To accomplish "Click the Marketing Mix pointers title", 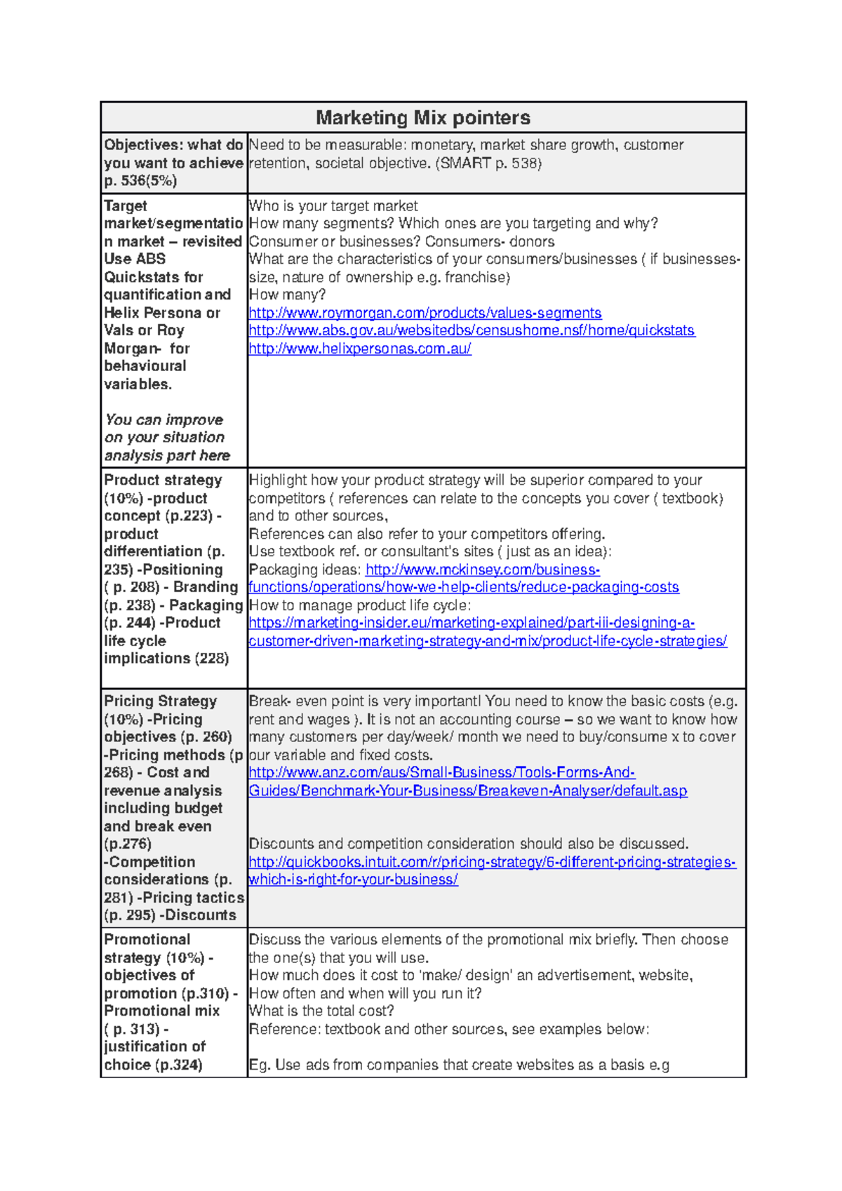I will [x=422, y=118].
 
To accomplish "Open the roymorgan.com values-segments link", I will [x=425, y=313].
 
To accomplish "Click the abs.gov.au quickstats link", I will [x=472, y=330].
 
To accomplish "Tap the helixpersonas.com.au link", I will [x=359, y=349].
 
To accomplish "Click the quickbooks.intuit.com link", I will [x=492, y=862].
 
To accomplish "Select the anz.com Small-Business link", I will [x=441, y=773].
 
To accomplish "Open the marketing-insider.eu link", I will [x=472, y=623].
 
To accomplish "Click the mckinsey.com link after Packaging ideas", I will [x=482, y=570].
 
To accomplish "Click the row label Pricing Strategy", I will [x=161, y=701].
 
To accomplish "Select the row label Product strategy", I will [x=163, y=480].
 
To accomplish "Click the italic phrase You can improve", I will [x=163, y=420].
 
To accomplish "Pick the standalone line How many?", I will [x=287, y=295].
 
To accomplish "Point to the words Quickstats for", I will [x=153, y=277].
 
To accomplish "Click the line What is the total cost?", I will [x=321, y=1011].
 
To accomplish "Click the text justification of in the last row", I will [x=154, y=1047].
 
